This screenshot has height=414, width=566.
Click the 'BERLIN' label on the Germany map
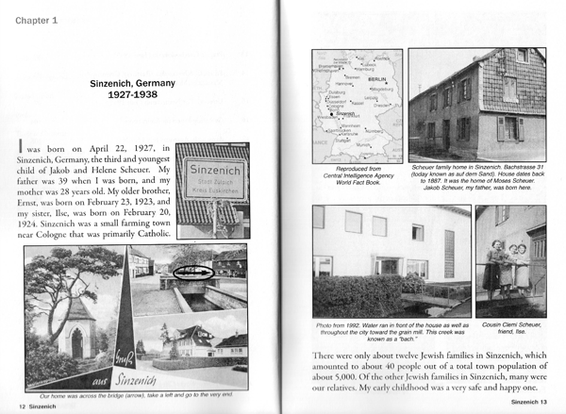point(373,81)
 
